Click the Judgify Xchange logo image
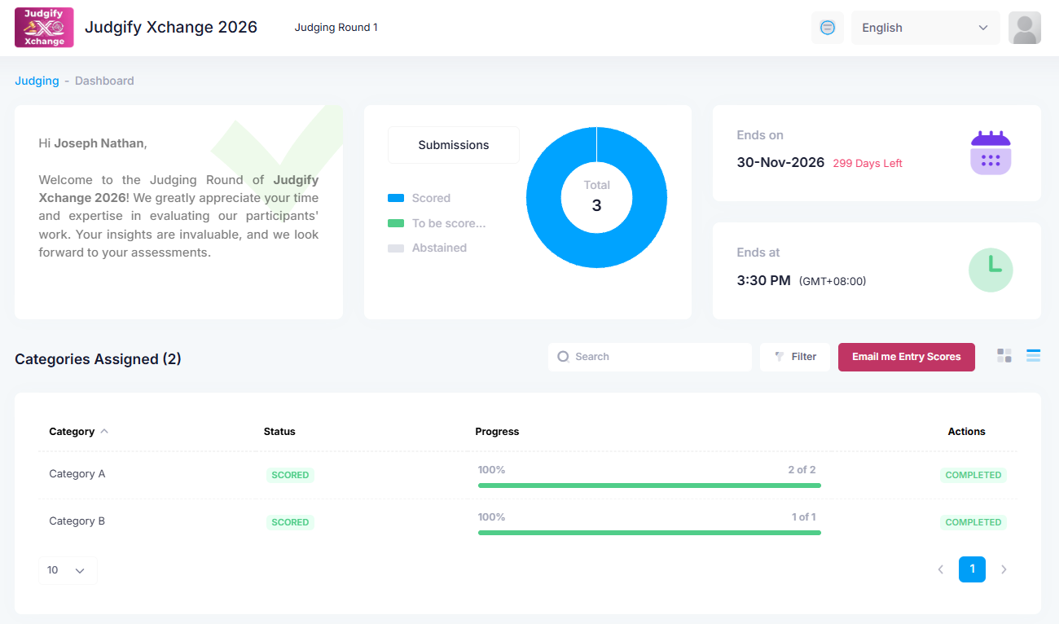click(x=44, y=28)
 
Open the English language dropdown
click(x=925, y=28)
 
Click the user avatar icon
click(x=1024, y=28)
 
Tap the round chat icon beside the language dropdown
click(x=827, y=28)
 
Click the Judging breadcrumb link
click(x=37, y=81)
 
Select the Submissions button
click(x=453, y=145)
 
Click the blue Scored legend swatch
click(x=396, y=198)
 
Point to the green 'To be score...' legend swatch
click(x=396, y=223)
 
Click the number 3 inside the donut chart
click(x=596, y=205)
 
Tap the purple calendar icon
click(x=990, y=152)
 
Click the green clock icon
click(x=990, y=270)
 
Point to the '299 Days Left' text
click(x=867, y=164)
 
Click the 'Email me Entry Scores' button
click(x=906, y=357)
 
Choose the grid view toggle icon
click(x=1004, y=355)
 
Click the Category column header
click(x=72, y=432)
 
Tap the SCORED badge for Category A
click(x=290, y=475)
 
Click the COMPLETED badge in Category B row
click(x=973, y=522)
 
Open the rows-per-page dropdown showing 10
click(x=68, y=570)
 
